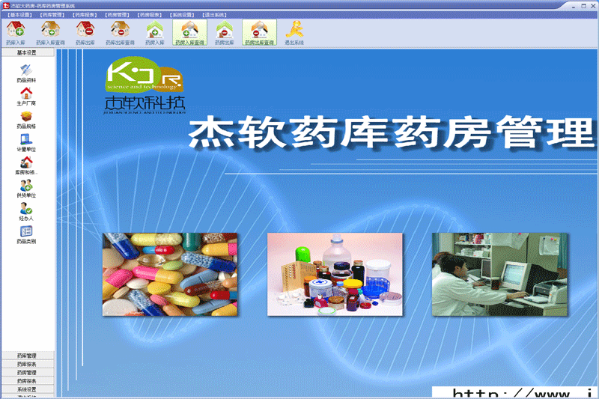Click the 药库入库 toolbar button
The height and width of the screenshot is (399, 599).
15,32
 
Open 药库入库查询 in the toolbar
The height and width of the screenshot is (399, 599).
50,32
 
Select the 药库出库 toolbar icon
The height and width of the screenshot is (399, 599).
85,32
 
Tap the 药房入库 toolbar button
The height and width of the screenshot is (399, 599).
154,32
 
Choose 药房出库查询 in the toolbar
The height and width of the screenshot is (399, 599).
259,32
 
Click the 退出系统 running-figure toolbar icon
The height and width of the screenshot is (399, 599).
294,32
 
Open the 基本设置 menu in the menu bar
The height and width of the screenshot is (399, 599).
20,14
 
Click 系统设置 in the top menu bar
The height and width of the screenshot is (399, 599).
182,14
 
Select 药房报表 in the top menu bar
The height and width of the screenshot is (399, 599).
150,14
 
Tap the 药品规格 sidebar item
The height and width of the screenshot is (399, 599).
26,118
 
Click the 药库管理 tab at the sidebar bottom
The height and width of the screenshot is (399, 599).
26,355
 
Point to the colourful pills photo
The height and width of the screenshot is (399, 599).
170,273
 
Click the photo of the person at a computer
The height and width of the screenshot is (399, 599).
499,273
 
